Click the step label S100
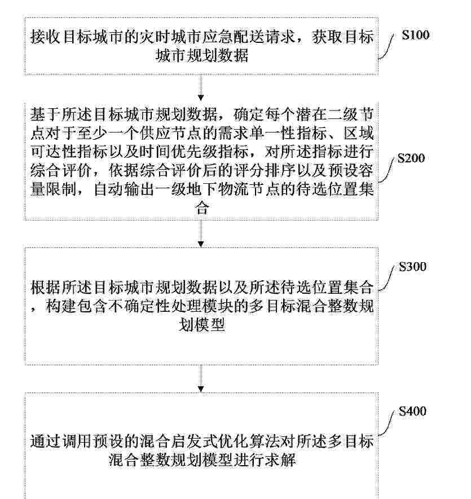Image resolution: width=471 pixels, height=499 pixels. pos(415,35)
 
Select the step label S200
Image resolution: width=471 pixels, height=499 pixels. pos(411,158)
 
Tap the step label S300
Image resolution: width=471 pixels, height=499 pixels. pos(413,267)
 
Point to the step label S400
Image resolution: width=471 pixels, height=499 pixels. pos(413,411)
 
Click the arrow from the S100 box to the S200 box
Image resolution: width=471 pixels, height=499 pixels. pos(201,87)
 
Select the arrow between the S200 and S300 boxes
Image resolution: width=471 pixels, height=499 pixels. pos(201,233)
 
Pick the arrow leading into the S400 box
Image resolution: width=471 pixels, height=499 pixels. pos(201,379)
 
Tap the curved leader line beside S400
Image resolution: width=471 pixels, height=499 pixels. pos(386,423)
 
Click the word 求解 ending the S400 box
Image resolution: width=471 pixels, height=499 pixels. pos(281,460)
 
